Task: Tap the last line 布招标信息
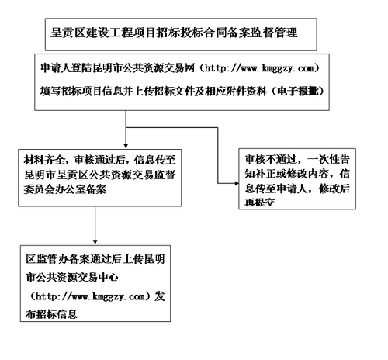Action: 56,315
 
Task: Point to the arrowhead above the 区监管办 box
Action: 95,237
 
